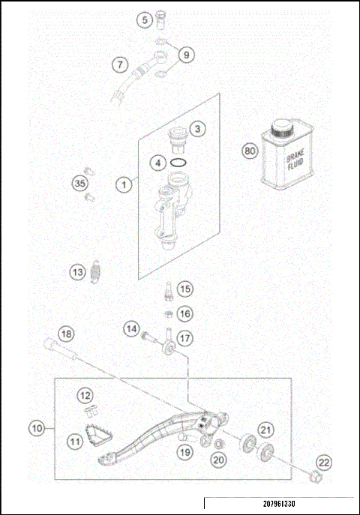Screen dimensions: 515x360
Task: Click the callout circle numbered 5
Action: point(144,20)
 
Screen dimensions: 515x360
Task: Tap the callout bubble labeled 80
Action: point(250,151)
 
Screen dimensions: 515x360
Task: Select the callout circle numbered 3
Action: point(196,130)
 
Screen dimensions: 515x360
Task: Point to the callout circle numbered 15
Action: point(184,289)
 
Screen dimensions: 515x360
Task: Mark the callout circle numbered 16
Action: point(184,313)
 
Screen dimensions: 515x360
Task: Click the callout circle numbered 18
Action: point(67,334)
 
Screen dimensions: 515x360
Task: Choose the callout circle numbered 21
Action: point(265,429)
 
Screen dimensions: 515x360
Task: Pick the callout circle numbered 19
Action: point(185,452)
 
